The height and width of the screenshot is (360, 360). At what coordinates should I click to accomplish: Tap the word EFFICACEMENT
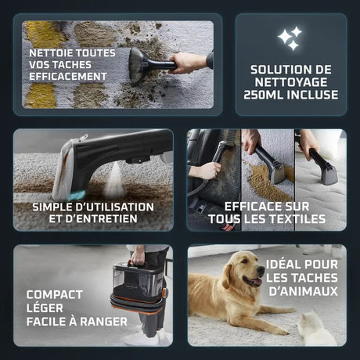click(x=68, y=77)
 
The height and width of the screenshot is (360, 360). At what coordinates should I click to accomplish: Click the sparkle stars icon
click(x=290, y=38)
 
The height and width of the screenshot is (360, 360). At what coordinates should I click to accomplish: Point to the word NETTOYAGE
click(x=291, y=82)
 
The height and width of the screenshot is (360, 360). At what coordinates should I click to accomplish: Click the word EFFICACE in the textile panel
click(x=249, y=207)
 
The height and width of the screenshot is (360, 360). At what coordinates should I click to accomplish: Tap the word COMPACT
click(x=55, y=295)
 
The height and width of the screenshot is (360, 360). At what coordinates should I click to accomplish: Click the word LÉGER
click(x=45, y=308)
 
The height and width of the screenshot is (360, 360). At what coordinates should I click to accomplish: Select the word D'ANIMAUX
click(x=303, y=291)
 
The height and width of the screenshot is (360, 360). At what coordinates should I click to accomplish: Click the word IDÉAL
click(x=283, y=264)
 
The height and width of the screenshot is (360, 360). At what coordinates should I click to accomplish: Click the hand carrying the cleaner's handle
click(x=138, y=255)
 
